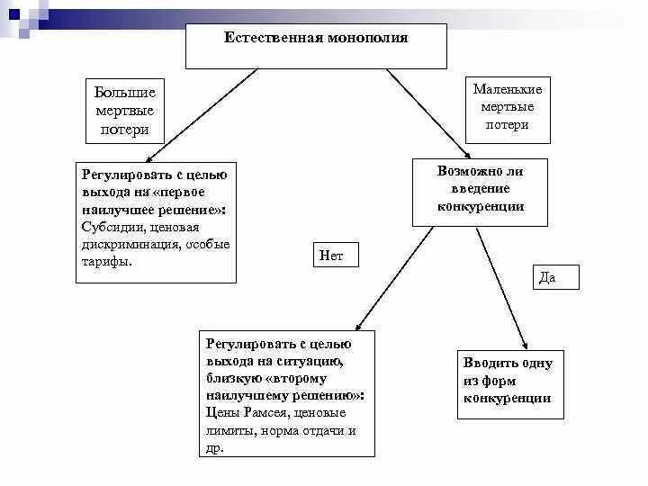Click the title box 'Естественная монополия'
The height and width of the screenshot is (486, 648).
pyautogui.click(x=315, y=47)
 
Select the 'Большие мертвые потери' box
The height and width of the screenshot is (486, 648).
pyautogui.click(x=125, y=111)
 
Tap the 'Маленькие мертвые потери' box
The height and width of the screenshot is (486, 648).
pyautogui.click(x=507, y=107)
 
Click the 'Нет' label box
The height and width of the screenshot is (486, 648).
pyautogui.click(x=336, y=256)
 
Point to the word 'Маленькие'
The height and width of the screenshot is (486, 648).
pyautogui.click(x=507, y=89)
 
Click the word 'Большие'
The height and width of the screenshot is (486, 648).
pyautogui.click(x=125, y=93)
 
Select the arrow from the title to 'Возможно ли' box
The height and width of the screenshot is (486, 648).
pyautogui.click(x=427, y=112)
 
